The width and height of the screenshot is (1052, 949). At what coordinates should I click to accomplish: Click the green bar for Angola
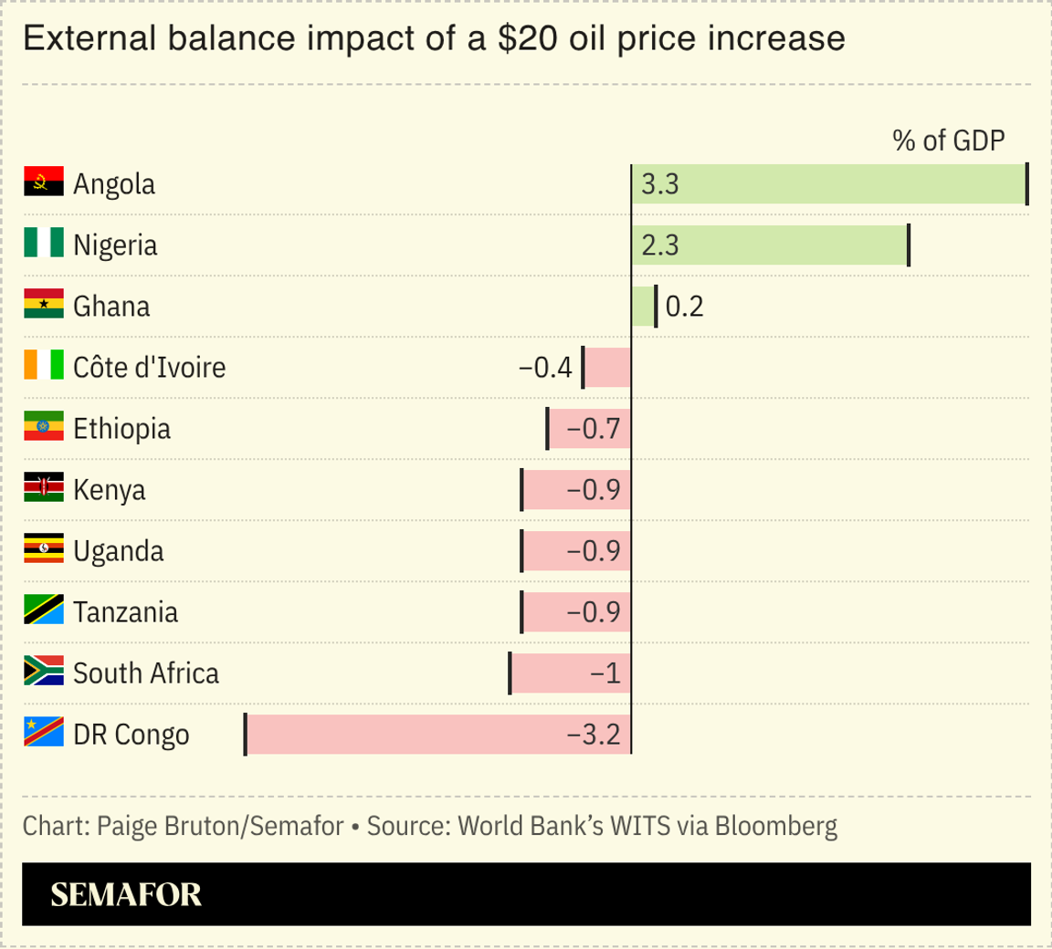pyautogui.click(x=829, y=184)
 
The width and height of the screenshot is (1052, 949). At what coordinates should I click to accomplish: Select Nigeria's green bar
pyautogui.click(x=770, y=245)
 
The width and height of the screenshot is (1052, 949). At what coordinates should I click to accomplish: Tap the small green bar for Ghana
pyautogui.click(x=643, y=307)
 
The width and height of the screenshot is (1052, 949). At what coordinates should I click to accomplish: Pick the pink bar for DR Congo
pyautogui.click(x=438, y=735)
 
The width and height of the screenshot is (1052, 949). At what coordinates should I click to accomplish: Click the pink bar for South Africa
pyautogui.click(x=570, y=673)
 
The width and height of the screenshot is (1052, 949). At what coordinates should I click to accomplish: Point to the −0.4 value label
pyautogui.click(x=545, y=368)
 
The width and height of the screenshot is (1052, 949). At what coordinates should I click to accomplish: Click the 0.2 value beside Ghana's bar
pyautogui.click(x=684, y=307)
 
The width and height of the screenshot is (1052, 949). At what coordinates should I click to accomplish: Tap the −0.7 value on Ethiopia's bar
pyautogui.click(x=594, y=429)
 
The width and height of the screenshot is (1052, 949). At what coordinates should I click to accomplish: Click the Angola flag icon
pyautogui.click(x=43, y=182)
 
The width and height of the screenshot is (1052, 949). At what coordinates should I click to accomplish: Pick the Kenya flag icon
pyautogui.click(x=43, y=488)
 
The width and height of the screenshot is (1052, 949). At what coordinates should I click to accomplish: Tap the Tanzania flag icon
pyautogui.click(x=43, y=610)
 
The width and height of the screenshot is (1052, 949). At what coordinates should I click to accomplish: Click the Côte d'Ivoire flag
pyautogui.click(x=43, y=365)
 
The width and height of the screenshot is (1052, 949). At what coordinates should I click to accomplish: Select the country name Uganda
pyautogui.click(x=119, y=551)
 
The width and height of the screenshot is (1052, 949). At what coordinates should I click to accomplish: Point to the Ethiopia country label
pyautogui.click(x=121, y=429)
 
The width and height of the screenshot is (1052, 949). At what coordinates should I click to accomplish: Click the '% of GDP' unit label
pyautogui.click(x=948, y=141)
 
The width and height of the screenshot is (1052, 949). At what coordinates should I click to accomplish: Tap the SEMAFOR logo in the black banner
pyautogui.click(x=126, y=894)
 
